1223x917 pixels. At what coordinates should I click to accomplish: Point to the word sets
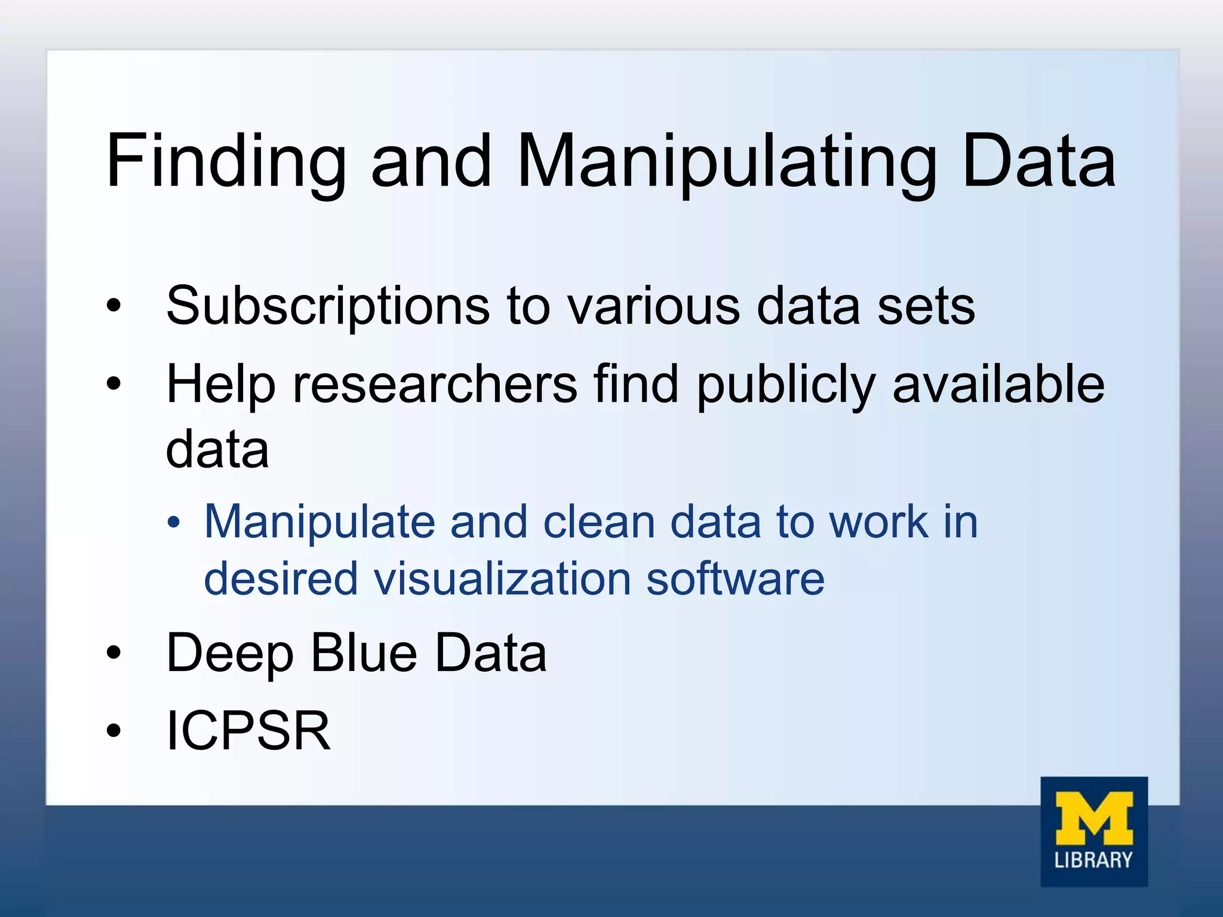[926, 306]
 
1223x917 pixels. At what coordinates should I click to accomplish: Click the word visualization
[502, 579]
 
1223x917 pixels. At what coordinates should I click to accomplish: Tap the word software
[735, 579]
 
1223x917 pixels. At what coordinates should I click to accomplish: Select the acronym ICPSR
[248, 731]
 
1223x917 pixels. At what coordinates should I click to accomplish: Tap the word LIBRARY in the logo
[1093, 860]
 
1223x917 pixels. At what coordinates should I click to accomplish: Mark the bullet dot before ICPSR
[113, 731]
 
